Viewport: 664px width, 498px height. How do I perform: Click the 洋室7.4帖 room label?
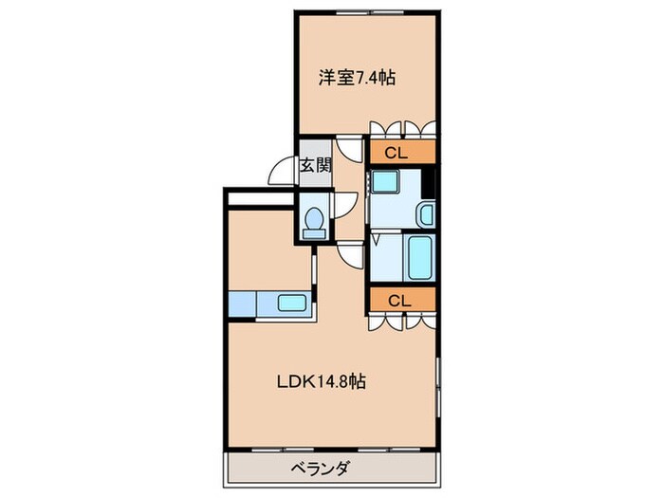[x=356, y=79]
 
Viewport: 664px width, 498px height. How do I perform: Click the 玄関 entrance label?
[x=315, y=165]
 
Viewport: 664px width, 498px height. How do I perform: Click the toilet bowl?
[x=313, y=220]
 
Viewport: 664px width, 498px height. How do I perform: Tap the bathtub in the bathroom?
[x=420, y=256]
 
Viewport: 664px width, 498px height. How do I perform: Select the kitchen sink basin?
[x=291, y=304]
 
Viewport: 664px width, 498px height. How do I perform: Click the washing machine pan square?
[x=386, y=182]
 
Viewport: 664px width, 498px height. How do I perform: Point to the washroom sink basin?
[x=426, y=213]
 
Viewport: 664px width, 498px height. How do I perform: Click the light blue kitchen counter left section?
[x=242, y=304]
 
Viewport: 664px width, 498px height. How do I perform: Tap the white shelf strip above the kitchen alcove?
[x=258, y=199]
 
